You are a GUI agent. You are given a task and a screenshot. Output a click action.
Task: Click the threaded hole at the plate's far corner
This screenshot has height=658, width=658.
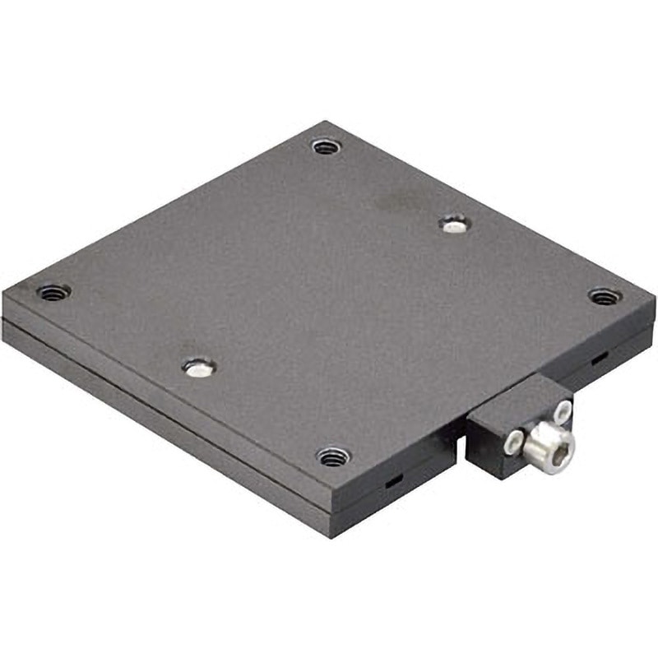tap(327, 147)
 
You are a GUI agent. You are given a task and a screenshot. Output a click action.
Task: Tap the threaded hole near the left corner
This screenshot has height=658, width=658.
tap(54, 292)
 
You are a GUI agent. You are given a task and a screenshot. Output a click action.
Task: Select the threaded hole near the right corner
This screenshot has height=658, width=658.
tap(605, 296)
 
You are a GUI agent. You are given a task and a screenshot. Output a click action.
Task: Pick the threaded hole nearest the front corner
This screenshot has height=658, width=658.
tap(333, 456)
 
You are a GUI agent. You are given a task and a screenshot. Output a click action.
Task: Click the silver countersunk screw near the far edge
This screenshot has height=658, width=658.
tap(453, 223)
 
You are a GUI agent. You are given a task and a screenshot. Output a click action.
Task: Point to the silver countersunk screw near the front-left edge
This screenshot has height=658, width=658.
tap(198, 367)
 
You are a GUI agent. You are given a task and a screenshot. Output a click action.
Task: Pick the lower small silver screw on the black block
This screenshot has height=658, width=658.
tap(513, 443)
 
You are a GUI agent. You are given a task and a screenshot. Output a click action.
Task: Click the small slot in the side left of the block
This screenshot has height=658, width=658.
tap(393, 482)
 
